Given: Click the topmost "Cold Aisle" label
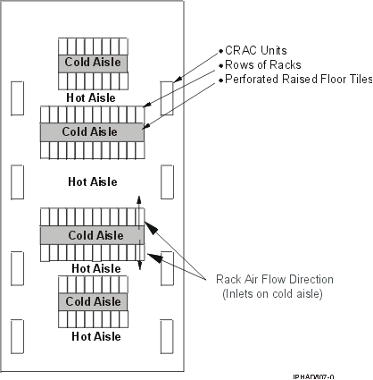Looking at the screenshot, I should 94,63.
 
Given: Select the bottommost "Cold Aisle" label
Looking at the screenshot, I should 94,301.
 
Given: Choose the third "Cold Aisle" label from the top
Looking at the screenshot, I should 92,235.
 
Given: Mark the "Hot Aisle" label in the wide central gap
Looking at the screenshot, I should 94,182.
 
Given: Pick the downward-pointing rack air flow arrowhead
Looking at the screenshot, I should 139,267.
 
